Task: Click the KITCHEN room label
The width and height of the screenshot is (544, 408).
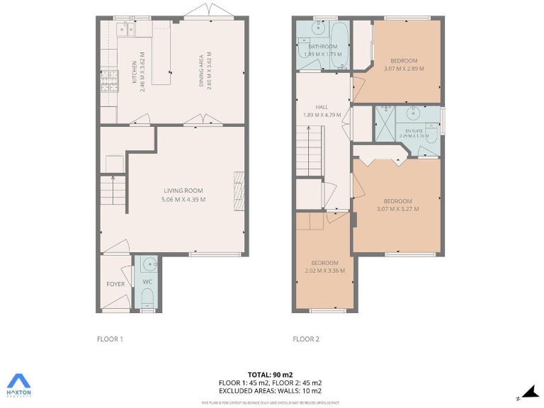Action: pos(134,73)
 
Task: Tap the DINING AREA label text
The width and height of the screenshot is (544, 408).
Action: pos(202,71)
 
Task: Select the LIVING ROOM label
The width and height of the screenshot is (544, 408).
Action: pos(183,191)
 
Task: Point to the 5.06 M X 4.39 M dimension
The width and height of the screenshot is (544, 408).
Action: pos(183,200)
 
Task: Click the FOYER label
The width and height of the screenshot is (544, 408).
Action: pos(115,284)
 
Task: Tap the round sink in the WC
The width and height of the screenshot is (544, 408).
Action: pos(149,265)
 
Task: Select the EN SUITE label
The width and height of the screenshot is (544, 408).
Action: pos(414,130)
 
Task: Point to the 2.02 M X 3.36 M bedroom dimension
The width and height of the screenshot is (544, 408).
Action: pos(322,271)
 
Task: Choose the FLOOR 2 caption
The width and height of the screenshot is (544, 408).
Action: pos(306,339)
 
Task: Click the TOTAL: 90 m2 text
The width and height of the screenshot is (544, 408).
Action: pos(270,374)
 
